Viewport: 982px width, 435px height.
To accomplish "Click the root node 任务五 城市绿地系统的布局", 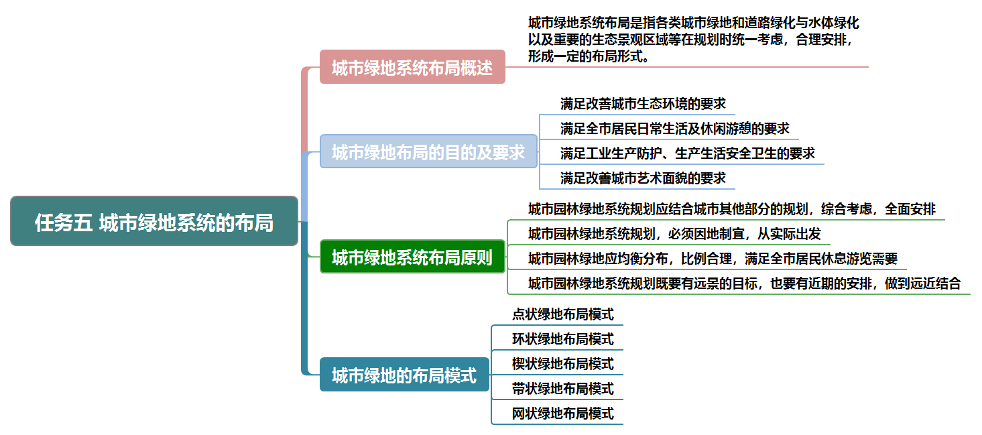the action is tap(154, 221).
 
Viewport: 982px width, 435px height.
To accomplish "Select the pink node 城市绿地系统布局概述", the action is tap(412, 67).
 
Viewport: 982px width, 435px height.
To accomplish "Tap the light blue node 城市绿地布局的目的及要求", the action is tap(428, 151).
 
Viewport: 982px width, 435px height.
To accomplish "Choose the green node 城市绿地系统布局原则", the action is tap(412, 257).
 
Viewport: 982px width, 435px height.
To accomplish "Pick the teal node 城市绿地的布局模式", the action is tap(404, 375).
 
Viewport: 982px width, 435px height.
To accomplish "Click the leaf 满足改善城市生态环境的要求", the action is tap(643, 104).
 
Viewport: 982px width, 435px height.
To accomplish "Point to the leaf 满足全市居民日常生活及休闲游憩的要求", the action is tap(675, 128).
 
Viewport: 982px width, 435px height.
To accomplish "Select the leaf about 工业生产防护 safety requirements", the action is tap(688, 153).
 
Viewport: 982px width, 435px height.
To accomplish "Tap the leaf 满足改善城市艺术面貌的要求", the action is tap(643, 178).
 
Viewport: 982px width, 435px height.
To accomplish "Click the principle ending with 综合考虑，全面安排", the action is tap(731, 209).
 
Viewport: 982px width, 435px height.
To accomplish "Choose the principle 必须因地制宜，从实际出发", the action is tap(674, 234).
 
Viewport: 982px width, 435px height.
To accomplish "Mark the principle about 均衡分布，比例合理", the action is tap(713, 259).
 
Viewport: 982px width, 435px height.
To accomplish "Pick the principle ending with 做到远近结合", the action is tap(744, 284).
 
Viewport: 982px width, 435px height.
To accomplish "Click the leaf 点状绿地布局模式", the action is tap(562, 314).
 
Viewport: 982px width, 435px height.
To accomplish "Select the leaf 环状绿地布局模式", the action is tap(562, 338).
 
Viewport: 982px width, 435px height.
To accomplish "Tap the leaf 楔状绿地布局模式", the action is tap(562, 363).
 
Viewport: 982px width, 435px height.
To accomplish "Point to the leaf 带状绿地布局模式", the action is tap(562, 388).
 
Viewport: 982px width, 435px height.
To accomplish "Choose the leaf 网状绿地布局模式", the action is tap(562, 413).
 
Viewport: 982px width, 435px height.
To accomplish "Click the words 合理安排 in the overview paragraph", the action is tap(823, 40).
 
